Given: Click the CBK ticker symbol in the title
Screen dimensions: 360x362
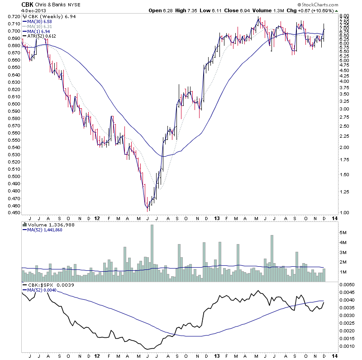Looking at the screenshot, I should [x=28, y=5].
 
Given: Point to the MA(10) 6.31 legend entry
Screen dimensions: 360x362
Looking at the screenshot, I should [x=40, y=27].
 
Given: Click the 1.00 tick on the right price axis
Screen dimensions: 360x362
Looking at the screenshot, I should [x=345, y=212].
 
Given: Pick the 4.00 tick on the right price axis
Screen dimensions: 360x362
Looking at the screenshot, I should [x=345, y=81].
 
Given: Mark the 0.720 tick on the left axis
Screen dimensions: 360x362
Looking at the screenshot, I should [x=14, y=16].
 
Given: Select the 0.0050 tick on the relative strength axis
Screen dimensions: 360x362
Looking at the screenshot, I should [x=346, y=284].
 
